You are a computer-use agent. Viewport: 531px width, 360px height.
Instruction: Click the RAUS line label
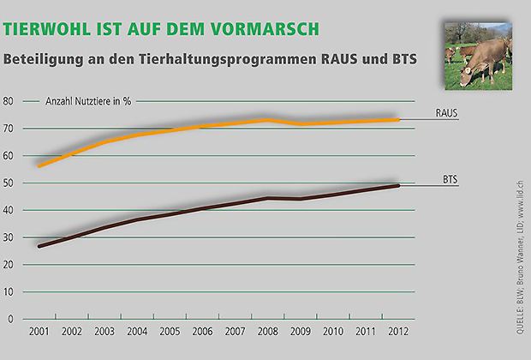(x=444, y=112)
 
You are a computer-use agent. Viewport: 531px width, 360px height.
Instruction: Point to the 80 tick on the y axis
(x=9, y=101)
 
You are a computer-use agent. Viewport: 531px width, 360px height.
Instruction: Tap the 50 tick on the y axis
(x=9, y=183)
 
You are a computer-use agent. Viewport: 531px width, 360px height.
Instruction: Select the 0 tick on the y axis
(x=12, y=319)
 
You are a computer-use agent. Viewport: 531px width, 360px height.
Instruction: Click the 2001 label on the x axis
(x=39, y=331)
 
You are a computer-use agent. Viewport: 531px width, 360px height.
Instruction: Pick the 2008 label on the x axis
(x=266, y=331)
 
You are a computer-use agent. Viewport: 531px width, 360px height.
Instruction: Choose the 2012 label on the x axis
(x=398, y=331)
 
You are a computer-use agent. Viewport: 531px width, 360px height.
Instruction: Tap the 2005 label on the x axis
(x=170, y=331)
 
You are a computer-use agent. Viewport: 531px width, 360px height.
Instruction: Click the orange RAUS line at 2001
(x=40, y=165)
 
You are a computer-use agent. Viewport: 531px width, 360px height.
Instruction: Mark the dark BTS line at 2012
(x=398, y=186)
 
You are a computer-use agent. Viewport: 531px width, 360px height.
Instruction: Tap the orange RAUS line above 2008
(x=266, y=120)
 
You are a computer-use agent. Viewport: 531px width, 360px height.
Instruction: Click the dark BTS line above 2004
(x=137, y=219)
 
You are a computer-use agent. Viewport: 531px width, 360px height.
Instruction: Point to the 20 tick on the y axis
(x=9, y=265)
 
